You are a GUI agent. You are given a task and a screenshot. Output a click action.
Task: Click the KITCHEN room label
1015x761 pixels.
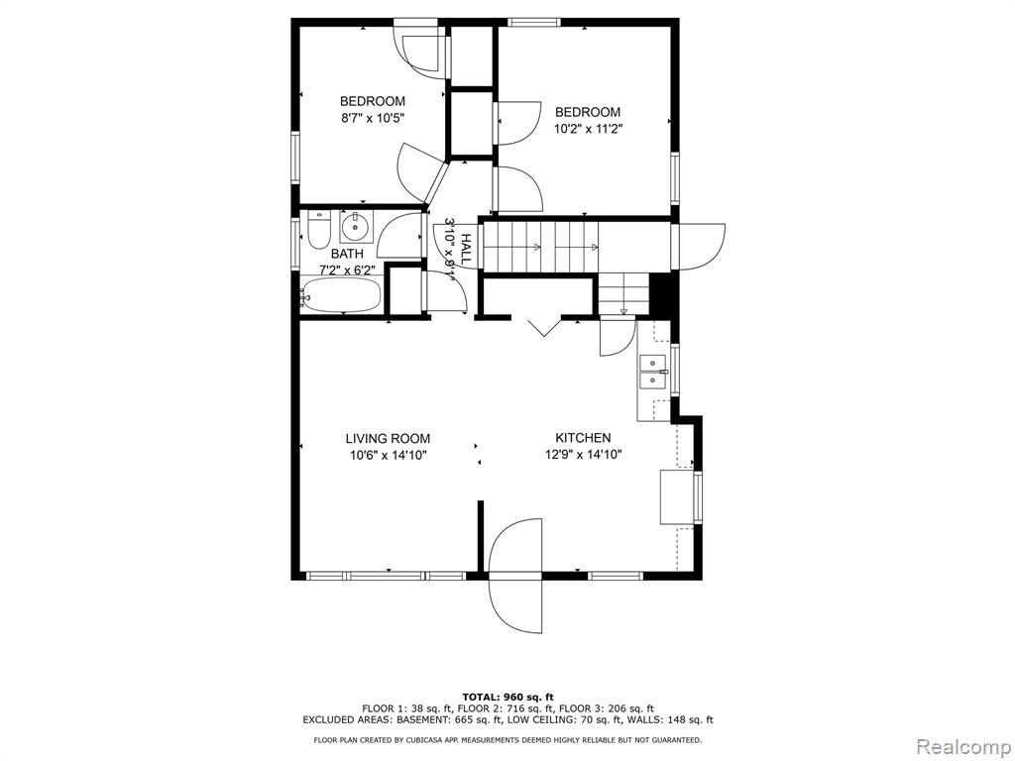tap(583, 438)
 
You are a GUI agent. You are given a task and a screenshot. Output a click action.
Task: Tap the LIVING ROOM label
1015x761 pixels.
tap(388, 439)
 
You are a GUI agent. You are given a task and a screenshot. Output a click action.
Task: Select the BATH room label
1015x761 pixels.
tap(347, 254)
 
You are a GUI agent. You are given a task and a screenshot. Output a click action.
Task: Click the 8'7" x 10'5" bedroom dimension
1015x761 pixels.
tap(373, 118)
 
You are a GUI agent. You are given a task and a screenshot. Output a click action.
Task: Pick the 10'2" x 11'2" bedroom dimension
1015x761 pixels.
tap(588, 129)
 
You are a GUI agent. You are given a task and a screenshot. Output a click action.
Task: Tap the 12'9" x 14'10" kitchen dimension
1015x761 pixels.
tap(583, 454)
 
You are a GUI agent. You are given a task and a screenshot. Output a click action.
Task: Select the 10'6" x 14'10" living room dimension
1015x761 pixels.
tap(388, 455)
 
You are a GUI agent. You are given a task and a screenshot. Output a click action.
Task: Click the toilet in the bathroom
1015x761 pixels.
tap(318, 230)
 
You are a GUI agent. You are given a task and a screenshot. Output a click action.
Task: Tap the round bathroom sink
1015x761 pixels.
tap(355, 227)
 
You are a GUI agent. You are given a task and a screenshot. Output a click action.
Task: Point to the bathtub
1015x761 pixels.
tap(341, 295)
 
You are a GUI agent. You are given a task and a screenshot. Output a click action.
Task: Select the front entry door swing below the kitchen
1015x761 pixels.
tap(515, 576)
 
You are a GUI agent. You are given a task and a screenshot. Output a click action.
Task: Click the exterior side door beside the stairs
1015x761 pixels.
tap(699, 247)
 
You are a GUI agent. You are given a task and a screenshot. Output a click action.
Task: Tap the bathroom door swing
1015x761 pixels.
tap(400, 235)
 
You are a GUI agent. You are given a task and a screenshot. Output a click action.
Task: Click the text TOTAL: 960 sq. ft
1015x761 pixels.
tap(507, 697)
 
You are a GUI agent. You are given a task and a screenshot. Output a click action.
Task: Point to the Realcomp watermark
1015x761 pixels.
tap(963, 746)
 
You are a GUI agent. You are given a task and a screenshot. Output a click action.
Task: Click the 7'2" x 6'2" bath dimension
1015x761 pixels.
tap(347, 270)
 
